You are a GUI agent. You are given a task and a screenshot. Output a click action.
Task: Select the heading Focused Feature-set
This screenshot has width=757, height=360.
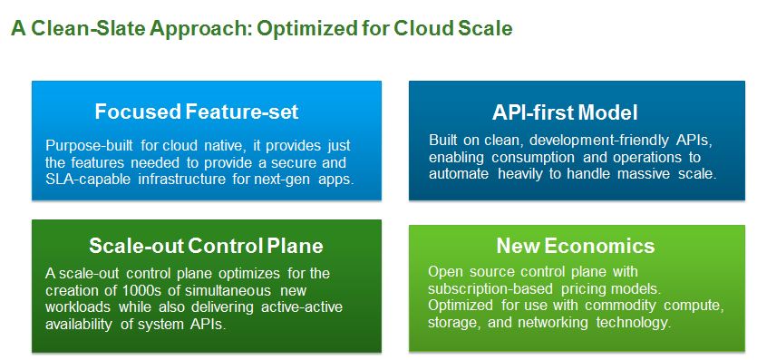[197, 112]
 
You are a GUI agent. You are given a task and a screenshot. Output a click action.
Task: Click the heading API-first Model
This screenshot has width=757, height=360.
[565, 113]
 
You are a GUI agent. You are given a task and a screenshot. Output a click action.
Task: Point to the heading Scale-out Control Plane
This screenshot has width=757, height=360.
[206, 246]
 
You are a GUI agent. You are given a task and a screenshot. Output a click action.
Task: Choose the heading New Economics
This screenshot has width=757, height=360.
[576, 246]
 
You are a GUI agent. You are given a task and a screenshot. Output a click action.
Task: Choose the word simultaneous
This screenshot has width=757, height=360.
[236, 291]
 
